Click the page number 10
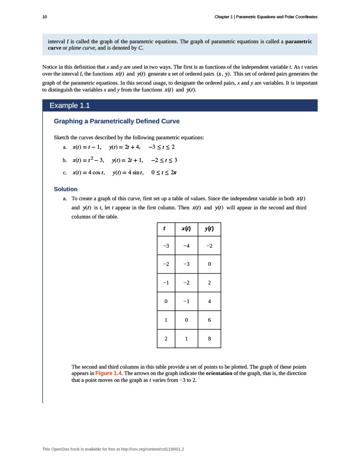44,17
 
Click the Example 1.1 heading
70,106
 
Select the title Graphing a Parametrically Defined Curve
117,122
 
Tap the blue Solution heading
66,189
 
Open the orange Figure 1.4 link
108,373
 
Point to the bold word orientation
222,373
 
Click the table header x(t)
186,228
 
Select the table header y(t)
209,228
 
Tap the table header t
166,228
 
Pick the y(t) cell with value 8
209,339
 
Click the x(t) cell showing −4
186,246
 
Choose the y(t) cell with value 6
209,320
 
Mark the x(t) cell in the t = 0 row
186,301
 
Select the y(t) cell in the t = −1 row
209,283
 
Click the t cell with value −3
166,246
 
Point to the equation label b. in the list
65,160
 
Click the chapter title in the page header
266,17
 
